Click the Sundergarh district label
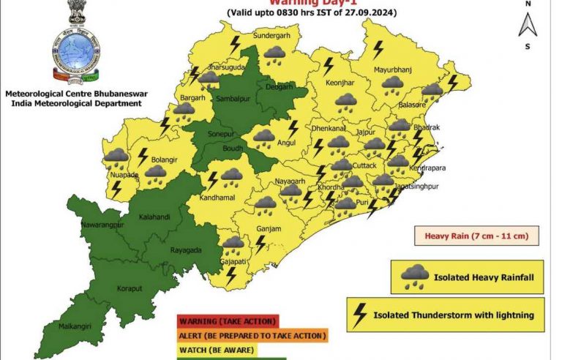268,35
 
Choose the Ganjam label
269,229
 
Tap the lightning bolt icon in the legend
359,315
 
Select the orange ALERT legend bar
252,336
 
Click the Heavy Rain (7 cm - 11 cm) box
477,236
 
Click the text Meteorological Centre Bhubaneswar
73,94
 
